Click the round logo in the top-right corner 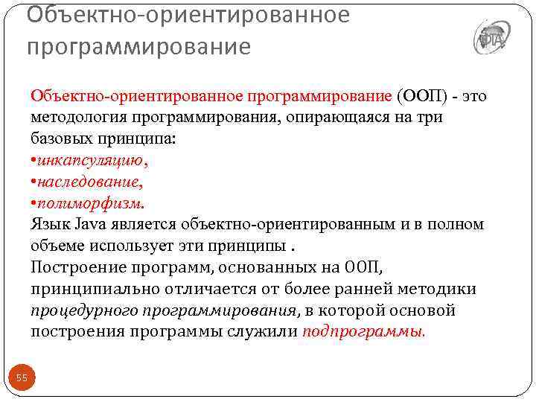491,36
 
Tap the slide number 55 22,378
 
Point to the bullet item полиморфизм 90,202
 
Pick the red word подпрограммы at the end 364,331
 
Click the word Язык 49,224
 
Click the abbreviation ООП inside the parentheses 423,96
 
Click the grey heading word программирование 138,46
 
